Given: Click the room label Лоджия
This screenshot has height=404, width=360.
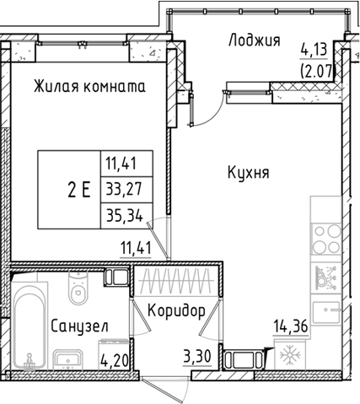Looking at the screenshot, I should coord(253,39).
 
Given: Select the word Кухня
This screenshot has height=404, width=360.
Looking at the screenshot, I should coord(248,173).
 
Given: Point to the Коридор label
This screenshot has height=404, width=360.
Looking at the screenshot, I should coord(175,310).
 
